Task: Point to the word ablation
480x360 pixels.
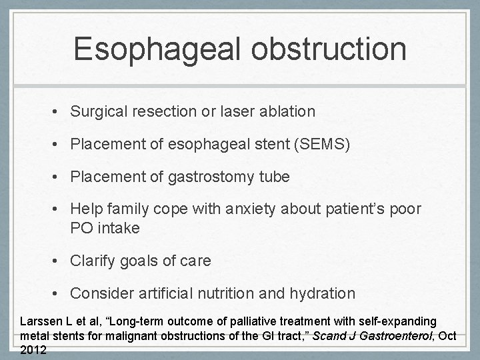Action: pyautogui.click(x=288, y=112)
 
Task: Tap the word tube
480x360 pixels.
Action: pyautogui.click(x=276, y=177)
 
